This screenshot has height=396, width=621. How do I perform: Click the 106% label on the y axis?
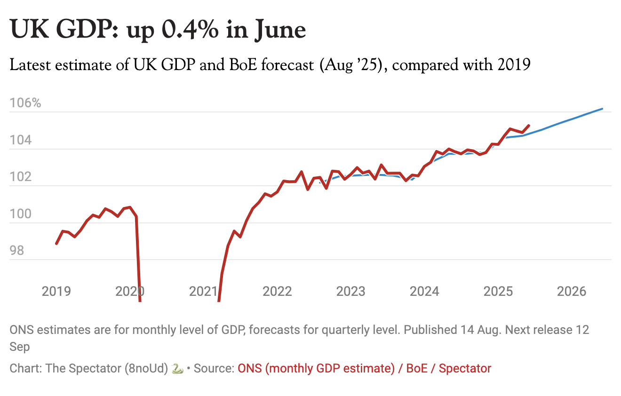25,103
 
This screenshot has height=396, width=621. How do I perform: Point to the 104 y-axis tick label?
22,140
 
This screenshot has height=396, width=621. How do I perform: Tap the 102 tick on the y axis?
22,177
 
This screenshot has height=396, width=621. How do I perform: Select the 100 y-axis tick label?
22,214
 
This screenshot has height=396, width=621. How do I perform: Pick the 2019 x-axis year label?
56,291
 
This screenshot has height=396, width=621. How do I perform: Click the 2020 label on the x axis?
130,291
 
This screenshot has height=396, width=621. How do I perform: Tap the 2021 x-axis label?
204,291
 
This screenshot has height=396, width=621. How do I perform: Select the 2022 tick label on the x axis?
277,291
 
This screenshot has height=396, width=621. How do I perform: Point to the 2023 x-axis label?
350,291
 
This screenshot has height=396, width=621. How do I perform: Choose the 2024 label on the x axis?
424,291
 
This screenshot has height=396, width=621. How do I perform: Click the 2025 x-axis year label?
498,291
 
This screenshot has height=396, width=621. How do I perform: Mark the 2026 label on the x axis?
572,291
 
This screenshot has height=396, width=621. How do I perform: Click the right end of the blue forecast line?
602,109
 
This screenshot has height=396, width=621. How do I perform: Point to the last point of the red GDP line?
529,126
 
